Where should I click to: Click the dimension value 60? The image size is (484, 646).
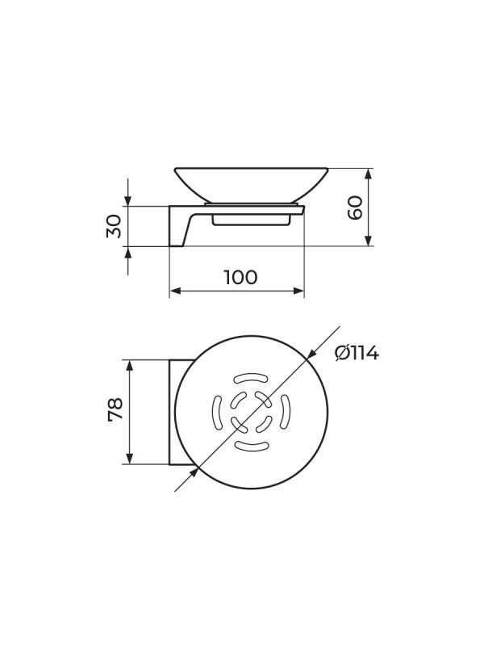pos(355,208)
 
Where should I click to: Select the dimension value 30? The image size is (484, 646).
pos(114,226)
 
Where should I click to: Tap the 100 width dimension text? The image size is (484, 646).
pos(240,277)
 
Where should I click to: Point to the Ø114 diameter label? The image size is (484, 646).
pos(357,353)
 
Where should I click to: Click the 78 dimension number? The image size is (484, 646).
pos(115,409)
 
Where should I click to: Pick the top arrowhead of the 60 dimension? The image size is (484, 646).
pos(369,173)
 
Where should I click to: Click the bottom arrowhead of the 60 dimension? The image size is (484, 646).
pos(369,241)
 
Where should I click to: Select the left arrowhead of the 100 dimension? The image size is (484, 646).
pos(175,291)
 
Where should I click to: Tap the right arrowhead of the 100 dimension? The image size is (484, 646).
pos(298,291)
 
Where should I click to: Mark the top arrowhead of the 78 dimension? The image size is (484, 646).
pos(130,365)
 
